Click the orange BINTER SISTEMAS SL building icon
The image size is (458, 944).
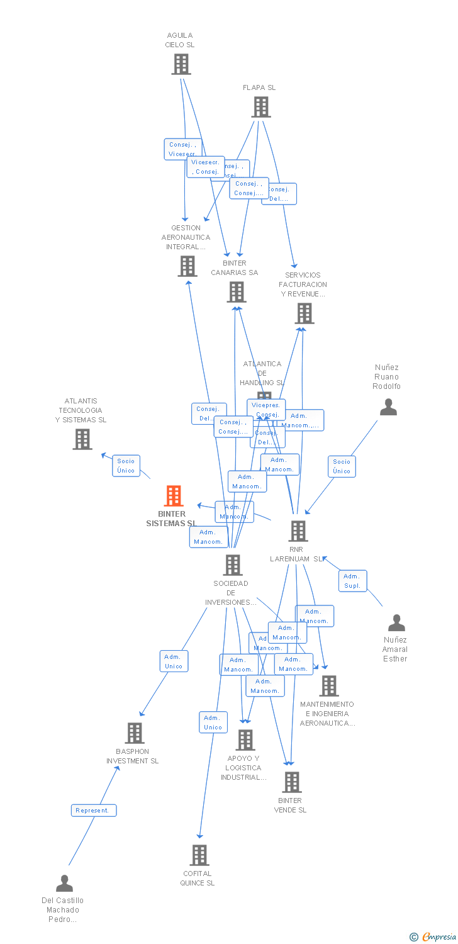(x=174, y=496)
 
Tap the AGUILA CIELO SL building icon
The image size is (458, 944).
(x=181, y=64)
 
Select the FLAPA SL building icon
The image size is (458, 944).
(x=261, y=107)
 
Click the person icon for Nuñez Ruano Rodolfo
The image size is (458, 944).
(x=388, y=407)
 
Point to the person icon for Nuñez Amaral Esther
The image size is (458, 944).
(x=396, y=623)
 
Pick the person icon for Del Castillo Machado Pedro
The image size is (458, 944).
(x=64, y=884)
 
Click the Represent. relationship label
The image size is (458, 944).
(x=93, y=810)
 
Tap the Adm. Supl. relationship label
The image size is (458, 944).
(x=352, y=581)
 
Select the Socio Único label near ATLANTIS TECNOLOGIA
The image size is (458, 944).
(x=126, y=466)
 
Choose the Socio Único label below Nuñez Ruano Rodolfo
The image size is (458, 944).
(x=342, y=466)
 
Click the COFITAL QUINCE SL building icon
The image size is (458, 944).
(x=199, y=855)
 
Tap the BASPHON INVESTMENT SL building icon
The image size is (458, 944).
(x=134, y=733)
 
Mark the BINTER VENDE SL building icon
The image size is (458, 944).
(x=292, y=782)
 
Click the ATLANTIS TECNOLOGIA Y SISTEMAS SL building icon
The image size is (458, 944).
(x=82, y=439)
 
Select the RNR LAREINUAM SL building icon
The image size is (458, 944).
(x=298, y=531)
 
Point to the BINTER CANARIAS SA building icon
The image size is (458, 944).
(x=237, y=292)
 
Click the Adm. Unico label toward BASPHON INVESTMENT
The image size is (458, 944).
(x=174, y=661)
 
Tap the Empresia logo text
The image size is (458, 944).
(x=438, y=937)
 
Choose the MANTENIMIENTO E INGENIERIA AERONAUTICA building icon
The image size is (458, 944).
(x=328, y=686)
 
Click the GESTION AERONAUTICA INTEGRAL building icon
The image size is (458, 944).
(x=187, y=266)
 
